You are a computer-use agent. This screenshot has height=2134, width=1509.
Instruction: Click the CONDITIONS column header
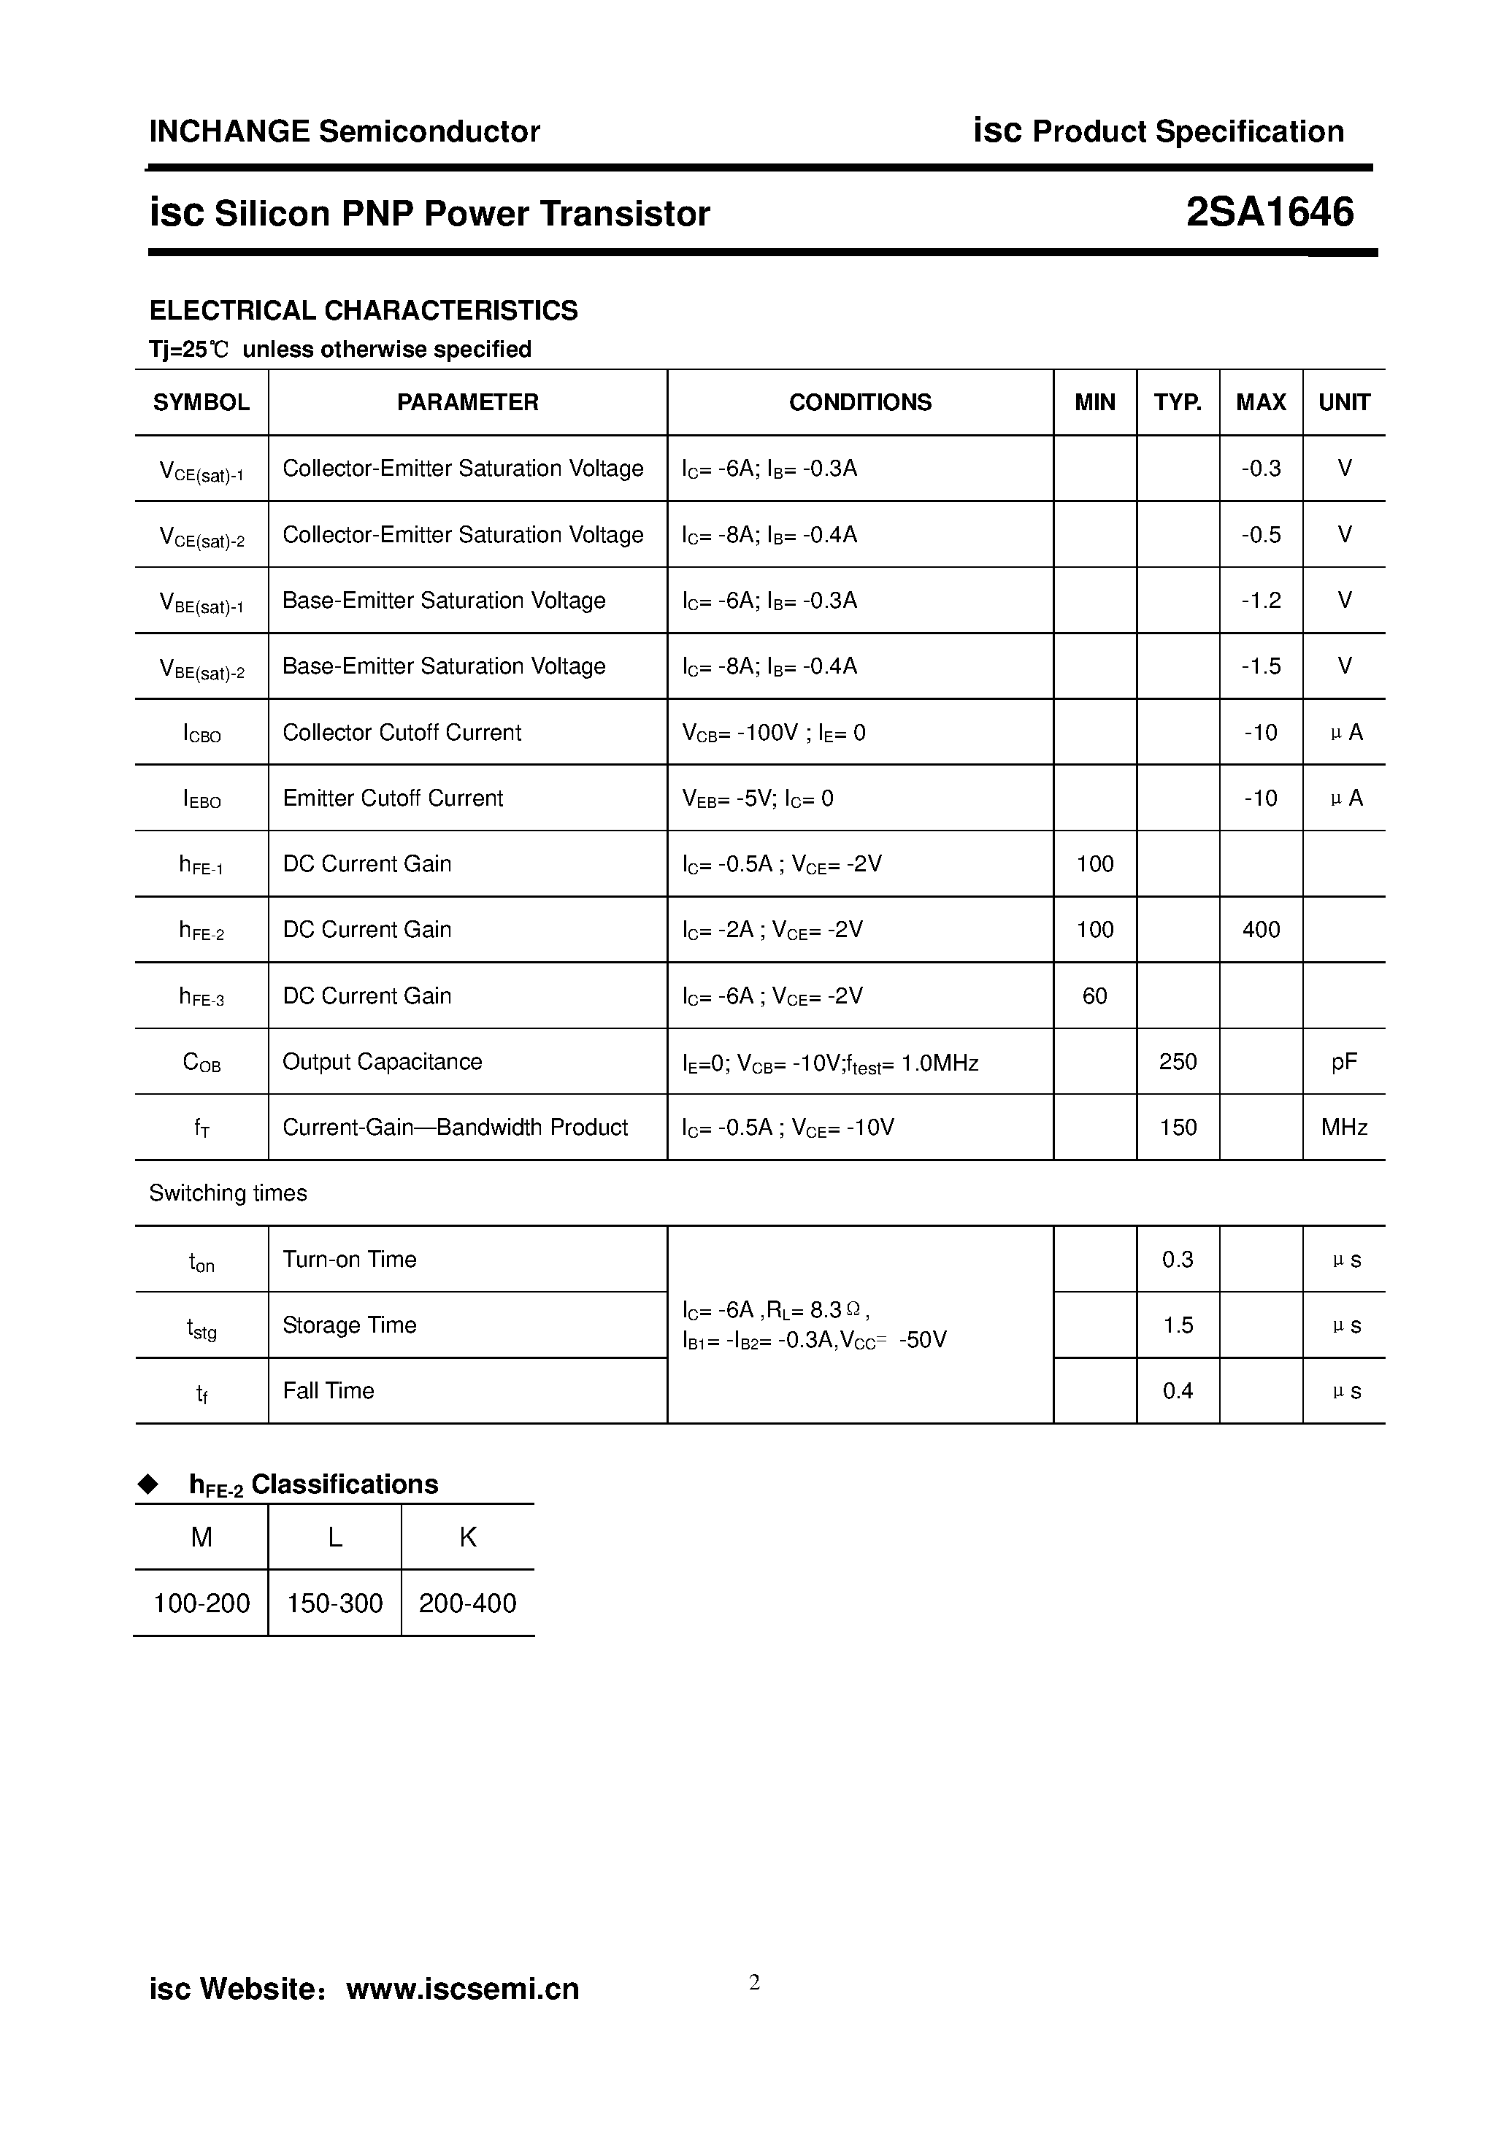point(860,402)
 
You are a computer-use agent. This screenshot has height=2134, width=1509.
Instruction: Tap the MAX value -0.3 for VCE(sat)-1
point(1260,469)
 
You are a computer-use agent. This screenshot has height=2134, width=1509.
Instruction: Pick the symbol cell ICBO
point(201,733)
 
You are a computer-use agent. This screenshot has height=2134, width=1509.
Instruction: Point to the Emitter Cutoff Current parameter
point(392,798)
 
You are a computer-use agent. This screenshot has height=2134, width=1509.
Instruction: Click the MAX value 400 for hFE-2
point(1260,930)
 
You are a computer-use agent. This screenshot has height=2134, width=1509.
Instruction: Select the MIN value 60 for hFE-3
point(1094,996)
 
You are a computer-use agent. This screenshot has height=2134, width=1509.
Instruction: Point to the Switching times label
point(228,1193)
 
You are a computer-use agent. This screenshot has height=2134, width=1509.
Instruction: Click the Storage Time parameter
point(350,1325)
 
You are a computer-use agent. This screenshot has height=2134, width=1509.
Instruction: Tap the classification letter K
point(468,1537)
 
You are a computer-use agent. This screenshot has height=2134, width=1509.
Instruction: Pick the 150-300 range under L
point(334,1603)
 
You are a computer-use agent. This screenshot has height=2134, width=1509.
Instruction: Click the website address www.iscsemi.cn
point(462,1989)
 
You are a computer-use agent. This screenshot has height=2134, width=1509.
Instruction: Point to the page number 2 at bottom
point(754,1982)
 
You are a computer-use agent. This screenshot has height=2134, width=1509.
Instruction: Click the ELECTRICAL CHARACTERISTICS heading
point(364,310)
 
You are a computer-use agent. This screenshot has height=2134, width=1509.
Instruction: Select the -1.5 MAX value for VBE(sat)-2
point(1260,666)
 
